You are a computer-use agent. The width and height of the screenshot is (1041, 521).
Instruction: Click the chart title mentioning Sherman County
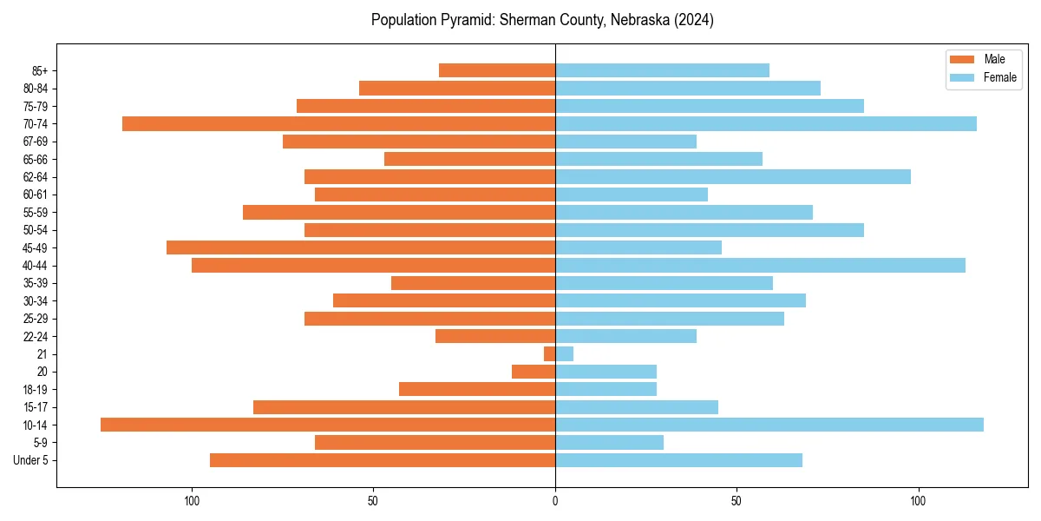(542, 20)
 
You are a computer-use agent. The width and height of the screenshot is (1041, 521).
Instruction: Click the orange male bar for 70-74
(338, 123)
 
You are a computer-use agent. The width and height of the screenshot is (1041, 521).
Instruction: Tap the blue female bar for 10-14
(769, 425)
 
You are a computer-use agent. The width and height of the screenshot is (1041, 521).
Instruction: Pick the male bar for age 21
(549, 353)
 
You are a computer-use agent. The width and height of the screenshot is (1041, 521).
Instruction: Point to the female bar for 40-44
(760, 265)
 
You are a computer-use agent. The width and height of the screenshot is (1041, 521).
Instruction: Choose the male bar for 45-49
(361, 247)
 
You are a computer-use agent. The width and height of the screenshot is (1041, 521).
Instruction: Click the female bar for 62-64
(733, 176)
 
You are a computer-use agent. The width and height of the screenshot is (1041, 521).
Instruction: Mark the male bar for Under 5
(383, 460)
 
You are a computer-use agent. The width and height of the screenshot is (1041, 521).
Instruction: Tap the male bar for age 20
(534, 372)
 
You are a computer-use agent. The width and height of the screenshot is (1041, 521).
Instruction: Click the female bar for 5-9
(609, 442)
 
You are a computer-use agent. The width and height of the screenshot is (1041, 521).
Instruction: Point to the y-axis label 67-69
(36, 142)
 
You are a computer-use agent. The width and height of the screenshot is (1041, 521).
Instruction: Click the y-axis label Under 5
(30, 460)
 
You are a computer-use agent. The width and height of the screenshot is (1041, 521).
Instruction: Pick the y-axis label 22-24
(36, 336)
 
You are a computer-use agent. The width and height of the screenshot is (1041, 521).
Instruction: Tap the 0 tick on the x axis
(555, 501)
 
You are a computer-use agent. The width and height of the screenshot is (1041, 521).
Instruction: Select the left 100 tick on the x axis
(192, 501)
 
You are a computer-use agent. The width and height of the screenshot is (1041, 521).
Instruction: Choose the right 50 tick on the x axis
(737, 501)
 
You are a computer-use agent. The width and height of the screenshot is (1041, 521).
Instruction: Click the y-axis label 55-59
(36, 212)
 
